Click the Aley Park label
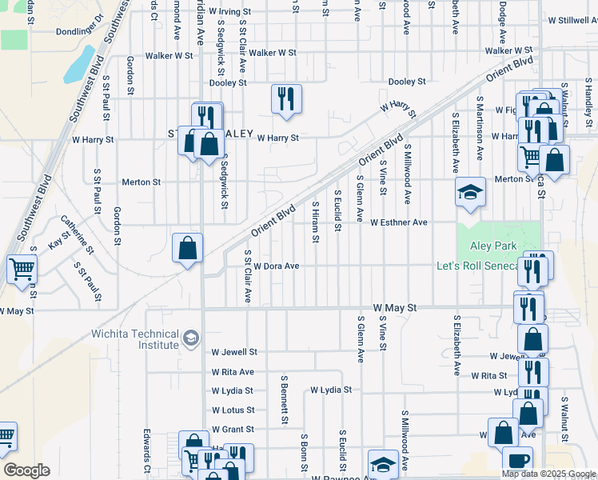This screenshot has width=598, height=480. point(493,246)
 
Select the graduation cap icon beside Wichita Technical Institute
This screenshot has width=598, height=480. point(190,338)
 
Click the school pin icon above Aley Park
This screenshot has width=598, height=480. point(470,193)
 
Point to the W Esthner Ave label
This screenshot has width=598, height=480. point(399,222)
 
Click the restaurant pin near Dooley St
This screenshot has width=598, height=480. point(286,100)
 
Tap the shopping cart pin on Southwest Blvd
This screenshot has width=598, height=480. point(22,270)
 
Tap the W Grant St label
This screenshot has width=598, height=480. point(233,430)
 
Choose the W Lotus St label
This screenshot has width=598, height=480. point(233,410)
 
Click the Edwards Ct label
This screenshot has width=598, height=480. point(147,451)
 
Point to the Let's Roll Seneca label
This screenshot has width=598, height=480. point(479,266)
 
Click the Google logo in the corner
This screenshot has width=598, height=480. point(26,470)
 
